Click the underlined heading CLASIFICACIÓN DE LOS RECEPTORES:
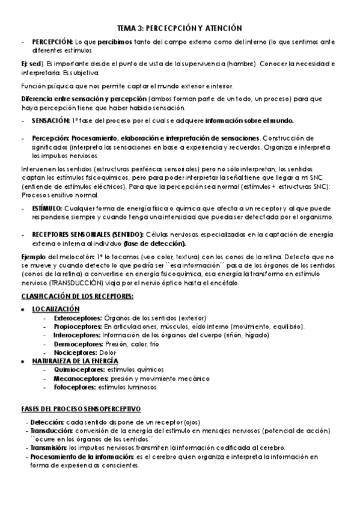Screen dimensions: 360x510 coord(77,296)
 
